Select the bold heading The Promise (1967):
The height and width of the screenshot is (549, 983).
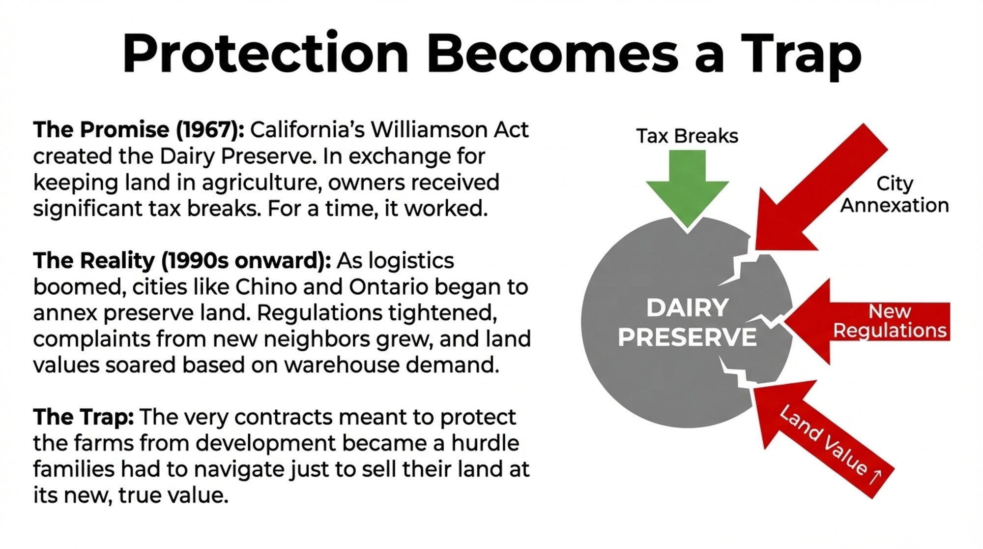139,130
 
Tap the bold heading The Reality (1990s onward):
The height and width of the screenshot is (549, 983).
182,261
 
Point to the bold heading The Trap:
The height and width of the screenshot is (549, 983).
84,417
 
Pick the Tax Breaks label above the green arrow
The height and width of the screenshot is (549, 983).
687,136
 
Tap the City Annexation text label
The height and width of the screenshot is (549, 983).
895,195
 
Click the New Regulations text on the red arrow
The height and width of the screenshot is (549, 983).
890,321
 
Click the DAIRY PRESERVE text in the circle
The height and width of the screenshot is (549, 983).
687,323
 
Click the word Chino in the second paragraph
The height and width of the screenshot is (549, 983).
265,287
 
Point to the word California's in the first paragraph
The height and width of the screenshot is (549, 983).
307,130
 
